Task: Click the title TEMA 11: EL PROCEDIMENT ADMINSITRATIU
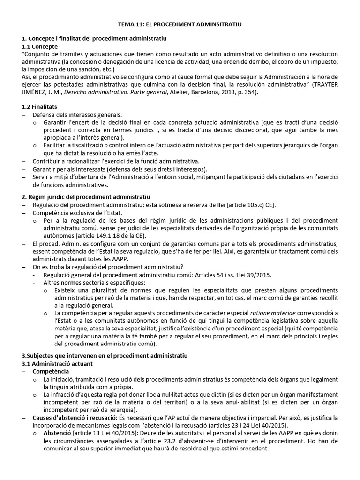coord(180,23)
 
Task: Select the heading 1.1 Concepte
coord(40,47)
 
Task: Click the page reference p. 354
coord(245,93)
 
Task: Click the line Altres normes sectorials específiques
coord(94,282)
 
